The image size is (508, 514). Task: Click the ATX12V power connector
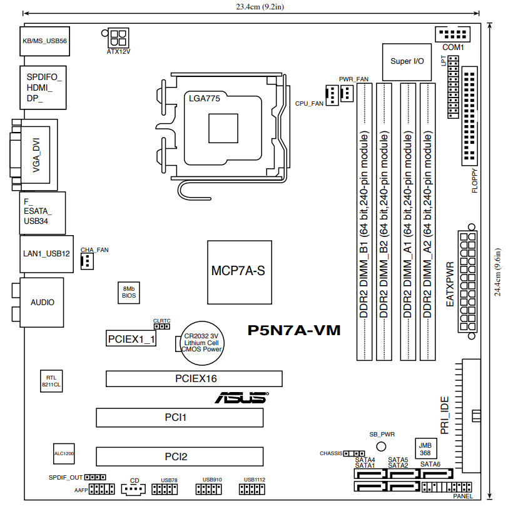tap(118, 38)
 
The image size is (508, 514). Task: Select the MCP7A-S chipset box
tap(240, 272)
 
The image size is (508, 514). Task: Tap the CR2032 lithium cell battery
tap(202, 343)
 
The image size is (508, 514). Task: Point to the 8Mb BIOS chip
tap(128, 293)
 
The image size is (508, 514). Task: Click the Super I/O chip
tap(407, 62)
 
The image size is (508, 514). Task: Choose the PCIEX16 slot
tap(194, 378)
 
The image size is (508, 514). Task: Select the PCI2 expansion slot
tap(180, 456)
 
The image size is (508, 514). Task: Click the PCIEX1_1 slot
tap(131, 339)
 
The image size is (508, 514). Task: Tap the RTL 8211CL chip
tap(51, 381)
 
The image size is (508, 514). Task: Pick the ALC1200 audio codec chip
tap(64, 454)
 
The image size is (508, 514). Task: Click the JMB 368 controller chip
tap(425, 449)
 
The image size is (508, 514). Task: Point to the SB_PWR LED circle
tap(381, 446)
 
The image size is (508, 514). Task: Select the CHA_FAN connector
tap(87, 261)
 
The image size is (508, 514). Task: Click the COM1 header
tap(452, 34)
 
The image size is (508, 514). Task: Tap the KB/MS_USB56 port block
tap(44, 41)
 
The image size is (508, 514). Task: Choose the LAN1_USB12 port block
tap(46, 254)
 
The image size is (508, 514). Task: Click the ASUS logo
tap(241, 397)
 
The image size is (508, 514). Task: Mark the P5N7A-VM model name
tap(294, 330)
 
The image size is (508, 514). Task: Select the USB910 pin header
tap(208, 490)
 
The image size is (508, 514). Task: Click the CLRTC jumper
tap(161, 326)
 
